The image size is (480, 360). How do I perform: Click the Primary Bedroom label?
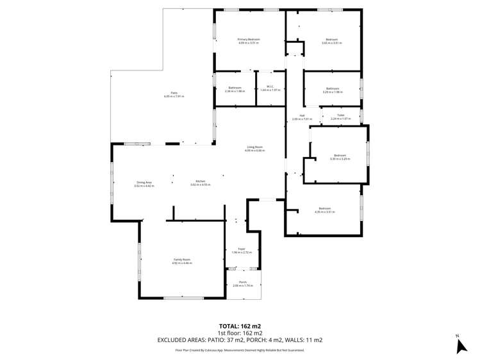(249, 40)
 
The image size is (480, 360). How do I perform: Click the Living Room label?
(255, 147)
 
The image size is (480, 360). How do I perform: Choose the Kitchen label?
(201, 182)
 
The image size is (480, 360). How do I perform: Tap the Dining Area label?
(144, 182)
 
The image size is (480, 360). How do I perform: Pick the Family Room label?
(182, 259)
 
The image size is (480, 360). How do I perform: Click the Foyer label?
(242, 249)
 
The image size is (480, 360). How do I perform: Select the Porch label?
(243, 282)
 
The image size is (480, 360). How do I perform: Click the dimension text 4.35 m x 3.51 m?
(325, 211)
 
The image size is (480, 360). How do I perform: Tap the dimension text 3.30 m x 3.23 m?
(340, 159)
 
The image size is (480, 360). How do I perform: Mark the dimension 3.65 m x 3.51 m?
(331, 43)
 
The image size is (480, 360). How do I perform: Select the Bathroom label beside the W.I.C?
(235, 88)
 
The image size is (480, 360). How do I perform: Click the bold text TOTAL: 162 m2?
(240, 325)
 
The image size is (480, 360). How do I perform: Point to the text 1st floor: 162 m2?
(240, 333)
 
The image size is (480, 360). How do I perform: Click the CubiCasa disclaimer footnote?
(240, 350)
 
